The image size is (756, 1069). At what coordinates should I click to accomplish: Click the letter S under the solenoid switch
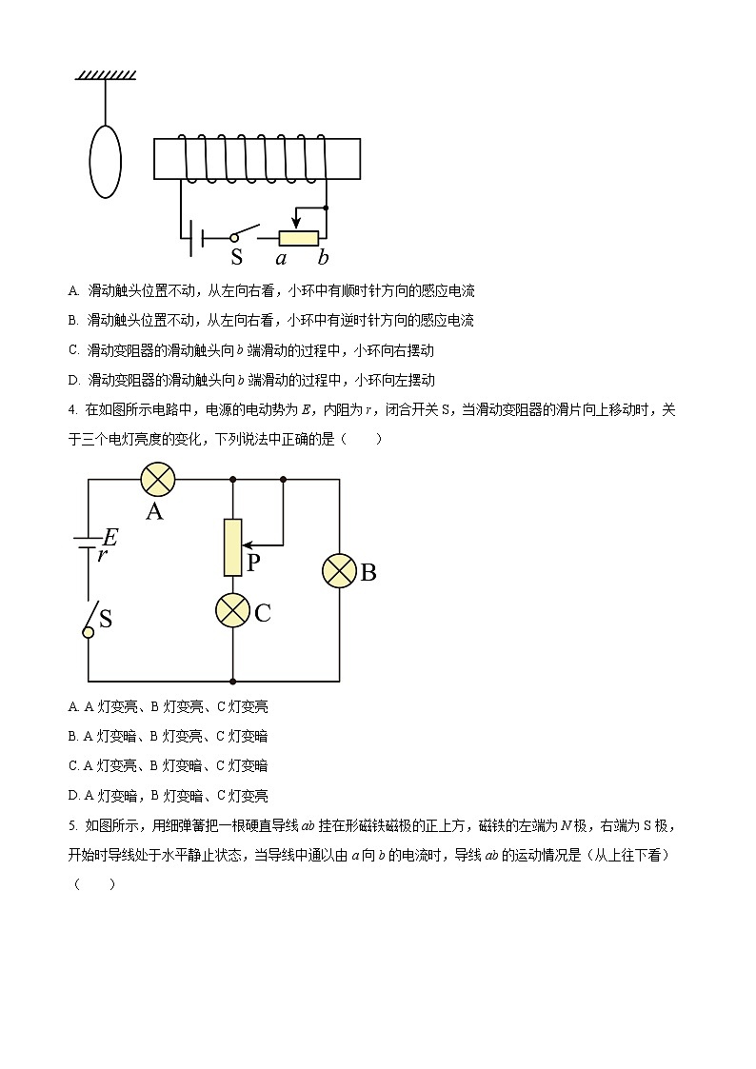tap(237, 257)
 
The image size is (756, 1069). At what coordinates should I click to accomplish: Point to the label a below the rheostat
tap(281, 257)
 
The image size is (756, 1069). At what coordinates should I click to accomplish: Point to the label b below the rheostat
tap(324, 257)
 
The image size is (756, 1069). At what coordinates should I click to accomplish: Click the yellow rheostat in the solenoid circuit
tap(298, 238)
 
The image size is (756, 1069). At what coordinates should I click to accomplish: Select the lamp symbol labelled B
tap(339, 570)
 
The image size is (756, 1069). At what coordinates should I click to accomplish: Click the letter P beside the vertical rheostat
tap(253, 563)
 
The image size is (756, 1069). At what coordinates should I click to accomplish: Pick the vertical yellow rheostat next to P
tap(233, 547)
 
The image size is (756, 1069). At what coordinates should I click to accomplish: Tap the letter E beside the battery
tap(110, 536)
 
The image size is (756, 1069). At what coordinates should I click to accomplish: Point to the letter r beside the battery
tap(102, 555)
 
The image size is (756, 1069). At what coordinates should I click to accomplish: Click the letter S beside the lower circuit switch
tap(106, 619)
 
